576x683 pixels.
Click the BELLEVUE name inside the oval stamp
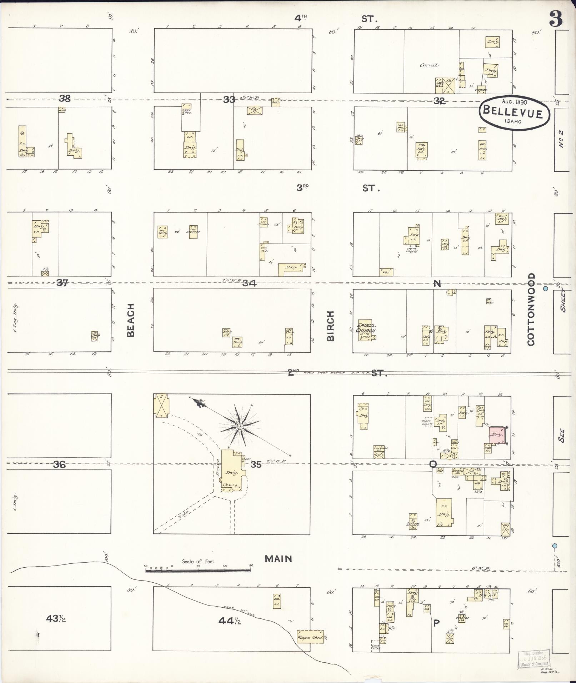(x=513, y=113)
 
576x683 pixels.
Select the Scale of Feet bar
(x=198, y=571)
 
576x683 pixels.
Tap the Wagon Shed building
(x=310, y=637)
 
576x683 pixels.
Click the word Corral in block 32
(x=429, y=65)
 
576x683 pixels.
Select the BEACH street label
(x=131, y=320)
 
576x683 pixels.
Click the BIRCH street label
(x=330, y=326)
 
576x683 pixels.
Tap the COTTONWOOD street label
(x=531, y=310)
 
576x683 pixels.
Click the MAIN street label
(x=278, y=559)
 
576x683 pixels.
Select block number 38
(x=65, y=99)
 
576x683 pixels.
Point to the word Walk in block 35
(x=182, y=516)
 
